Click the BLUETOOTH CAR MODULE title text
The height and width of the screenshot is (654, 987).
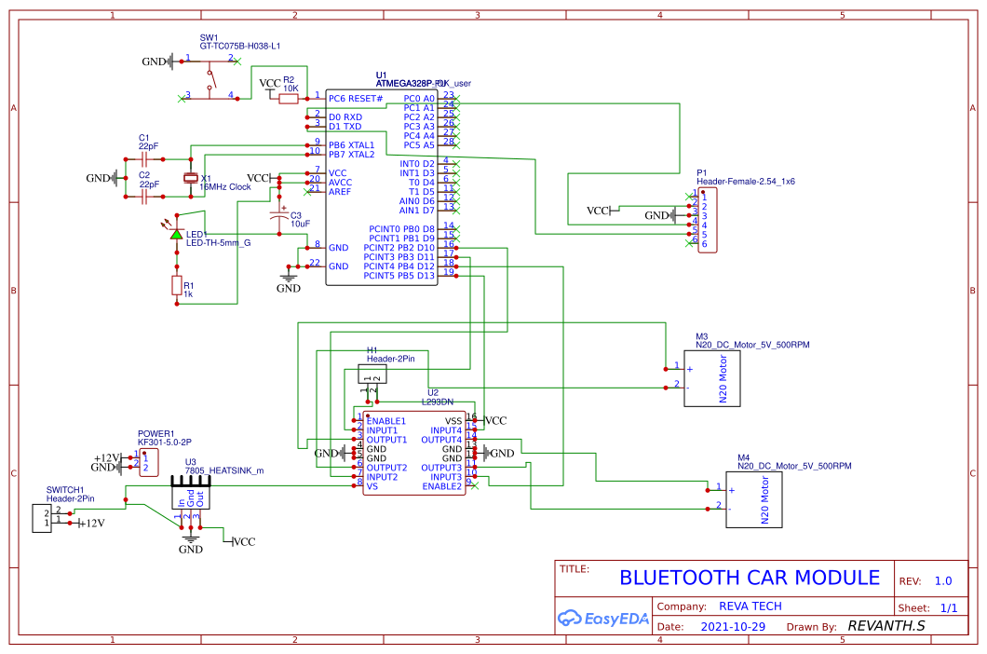pyautogui.click(x=750, y=578)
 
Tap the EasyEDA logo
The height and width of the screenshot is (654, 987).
pyautogui.click(x=602, y=617)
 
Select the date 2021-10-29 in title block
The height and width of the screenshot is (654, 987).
pyautogui.click(x=733, y=626)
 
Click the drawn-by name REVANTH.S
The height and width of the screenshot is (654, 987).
pyautogui.click(x=886, y=626)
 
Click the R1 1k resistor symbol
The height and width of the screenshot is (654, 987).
pyautogui.click(x=177, y=286)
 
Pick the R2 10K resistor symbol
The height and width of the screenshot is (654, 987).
pyautogui.click(x=289, y=98)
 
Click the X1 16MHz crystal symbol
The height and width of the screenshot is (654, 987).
pyautogui.click(x=191, y=177)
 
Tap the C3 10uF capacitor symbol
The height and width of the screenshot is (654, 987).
pyautogui.click(x=277, y=219)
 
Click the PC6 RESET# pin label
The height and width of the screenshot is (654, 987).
pyautogui.click(x=356, y=98)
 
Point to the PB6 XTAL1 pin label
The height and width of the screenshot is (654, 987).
pyautogui.click(x=352, y=145)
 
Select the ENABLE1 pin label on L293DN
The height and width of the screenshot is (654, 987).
pyautogui.click(x=386, y=421)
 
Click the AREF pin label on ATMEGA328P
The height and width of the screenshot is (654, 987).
pyautogui.click(x=339, y=191)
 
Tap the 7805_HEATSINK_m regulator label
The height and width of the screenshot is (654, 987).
pyautogui.click(x=223, y=470)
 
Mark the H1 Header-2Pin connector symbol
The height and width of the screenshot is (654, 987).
pyautogui.click(x=372, y=374)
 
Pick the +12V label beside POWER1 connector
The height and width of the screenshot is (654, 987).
pyautogui.click(x=107, y=457)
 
